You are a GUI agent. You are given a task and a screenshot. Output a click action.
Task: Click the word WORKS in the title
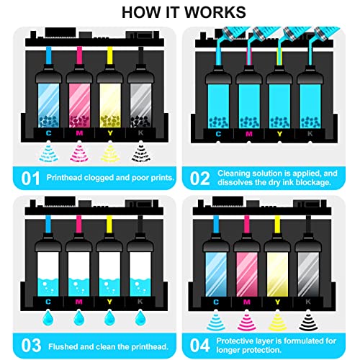point(215,12)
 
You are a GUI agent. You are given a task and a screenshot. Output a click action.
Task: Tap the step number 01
point(30,179)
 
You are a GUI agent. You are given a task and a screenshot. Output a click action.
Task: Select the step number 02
point(199,179)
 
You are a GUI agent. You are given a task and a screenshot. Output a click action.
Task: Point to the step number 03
point(31,346)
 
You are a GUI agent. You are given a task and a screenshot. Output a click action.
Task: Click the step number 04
point(200,346)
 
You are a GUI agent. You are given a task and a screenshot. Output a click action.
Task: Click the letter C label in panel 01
point(48,133)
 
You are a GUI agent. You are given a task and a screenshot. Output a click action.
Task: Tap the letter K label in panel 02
point(310,134)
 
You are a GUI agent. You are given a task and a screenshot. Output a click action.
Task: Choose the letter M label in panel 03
point(79,302)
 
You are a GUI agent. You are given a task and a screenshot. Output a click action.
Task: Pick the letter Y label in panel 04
point(278,302)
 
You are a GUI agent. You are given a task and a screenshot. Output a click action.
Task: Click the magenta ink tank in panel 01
point(79,105)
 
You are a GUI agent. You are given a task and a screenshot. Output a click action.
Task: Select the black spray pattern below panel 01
point(141,152)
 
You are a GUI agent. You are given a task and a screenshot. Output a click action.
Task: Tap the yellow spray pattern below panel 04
point(278,320)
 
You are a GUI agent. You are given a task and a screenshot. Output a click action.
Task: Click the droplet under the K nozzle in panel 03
point(140,318)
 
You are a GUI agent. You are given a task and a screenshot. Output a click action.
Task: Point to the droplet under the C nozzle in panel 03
point(48,318)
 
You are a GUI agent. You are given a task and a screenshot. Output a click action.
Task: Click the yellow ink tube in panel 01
point(110,55)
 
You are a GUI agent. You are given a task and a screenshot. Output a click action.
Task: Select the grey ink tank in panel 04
point(308,274)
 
